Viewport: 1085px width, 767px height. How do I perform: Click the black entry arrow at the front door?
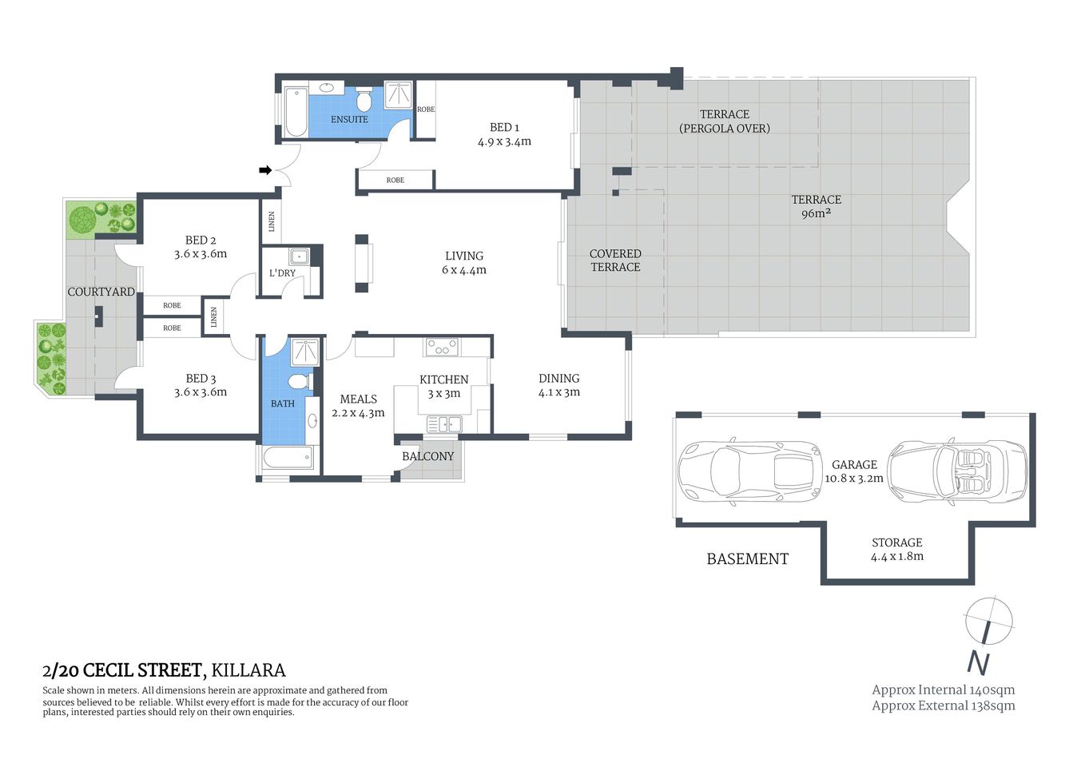click(265, 169)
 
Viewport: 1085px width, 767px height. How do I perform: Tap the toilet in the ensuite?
click(364, 101)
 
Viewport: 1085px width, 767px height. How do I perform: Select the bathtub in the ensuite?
click(294, 111)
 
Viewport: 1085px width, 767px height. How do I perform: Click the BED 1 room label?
click(504, 134)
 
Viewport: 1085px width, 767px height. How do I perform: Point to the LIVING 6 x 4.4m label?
click(464, 263)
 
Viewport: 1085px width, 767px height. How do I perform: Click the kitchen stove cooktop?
click(442, 347)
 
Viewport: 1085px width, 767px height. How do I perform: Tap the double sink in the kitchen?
click(443, 424)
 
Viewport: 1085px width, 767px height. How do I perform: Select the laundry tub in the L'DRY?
click(300, 256)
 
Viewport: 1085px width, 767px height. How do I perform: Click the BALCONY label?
click(427, 456)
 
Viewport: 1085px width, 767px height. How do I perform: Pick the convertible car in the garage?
click(957, 471)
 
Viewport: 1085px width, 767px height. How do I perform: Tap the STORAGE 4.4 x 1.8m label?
click(896, 549)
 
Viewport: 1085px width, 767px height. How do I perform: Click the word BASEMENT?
click(747, 559)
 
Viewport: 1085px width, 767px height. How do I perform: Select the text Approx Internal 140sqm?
click(943, 690)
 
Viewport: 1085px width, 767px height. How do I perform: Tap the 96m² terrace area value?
click(815, 213)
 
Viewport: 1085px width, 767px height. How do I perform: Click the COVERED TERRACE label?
click(615, 260)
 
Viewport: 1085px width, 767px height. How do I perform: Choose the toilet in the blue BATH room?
click(300, 380)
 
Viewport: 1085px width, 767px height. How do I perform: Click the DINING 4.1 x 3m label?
click(558, 385)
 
